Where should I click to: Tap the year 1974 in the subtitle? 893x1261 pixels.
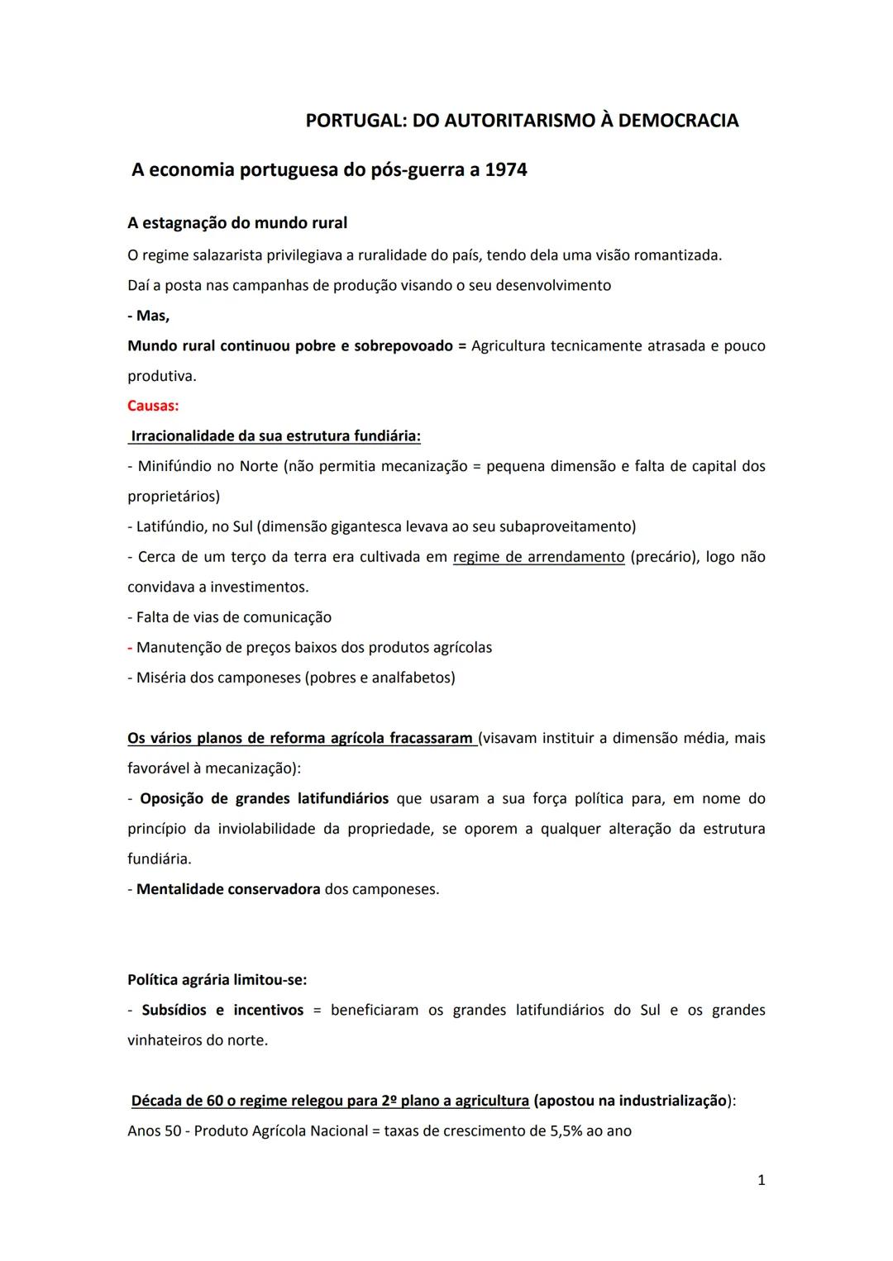pyautogui.click(x=506, y=170)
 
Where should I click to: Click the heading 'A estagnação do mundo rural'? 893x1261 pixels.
pyautogui.click(x=237, y=223)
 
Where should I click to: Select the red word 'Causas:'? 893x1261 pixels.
pyautogui.click(x=153, y=406)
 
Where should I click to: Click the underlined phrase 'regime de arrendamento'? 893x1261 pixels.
pyautogui.click(x=538, y=557)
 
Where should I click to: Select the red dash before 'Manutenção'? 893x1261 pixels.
pyautogui.click(x=130, y=647)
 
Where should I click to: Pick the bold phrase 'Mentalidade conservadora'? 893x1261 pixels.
pyautogui.click(x=228, y=889)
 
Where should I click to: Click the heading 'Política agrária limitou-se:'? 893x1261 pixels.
pyautogui.click(x=217, y=980)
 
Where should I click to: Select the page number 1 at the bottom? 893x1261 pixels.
pyautogui.click(x=762, y=1180)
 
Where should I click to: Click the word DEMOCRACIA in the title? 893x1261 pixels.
pyautogui.click(x=678, y=121)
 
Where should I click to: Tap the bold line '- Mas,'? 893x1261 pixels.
pyautogui.click(x=149, y=316)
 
